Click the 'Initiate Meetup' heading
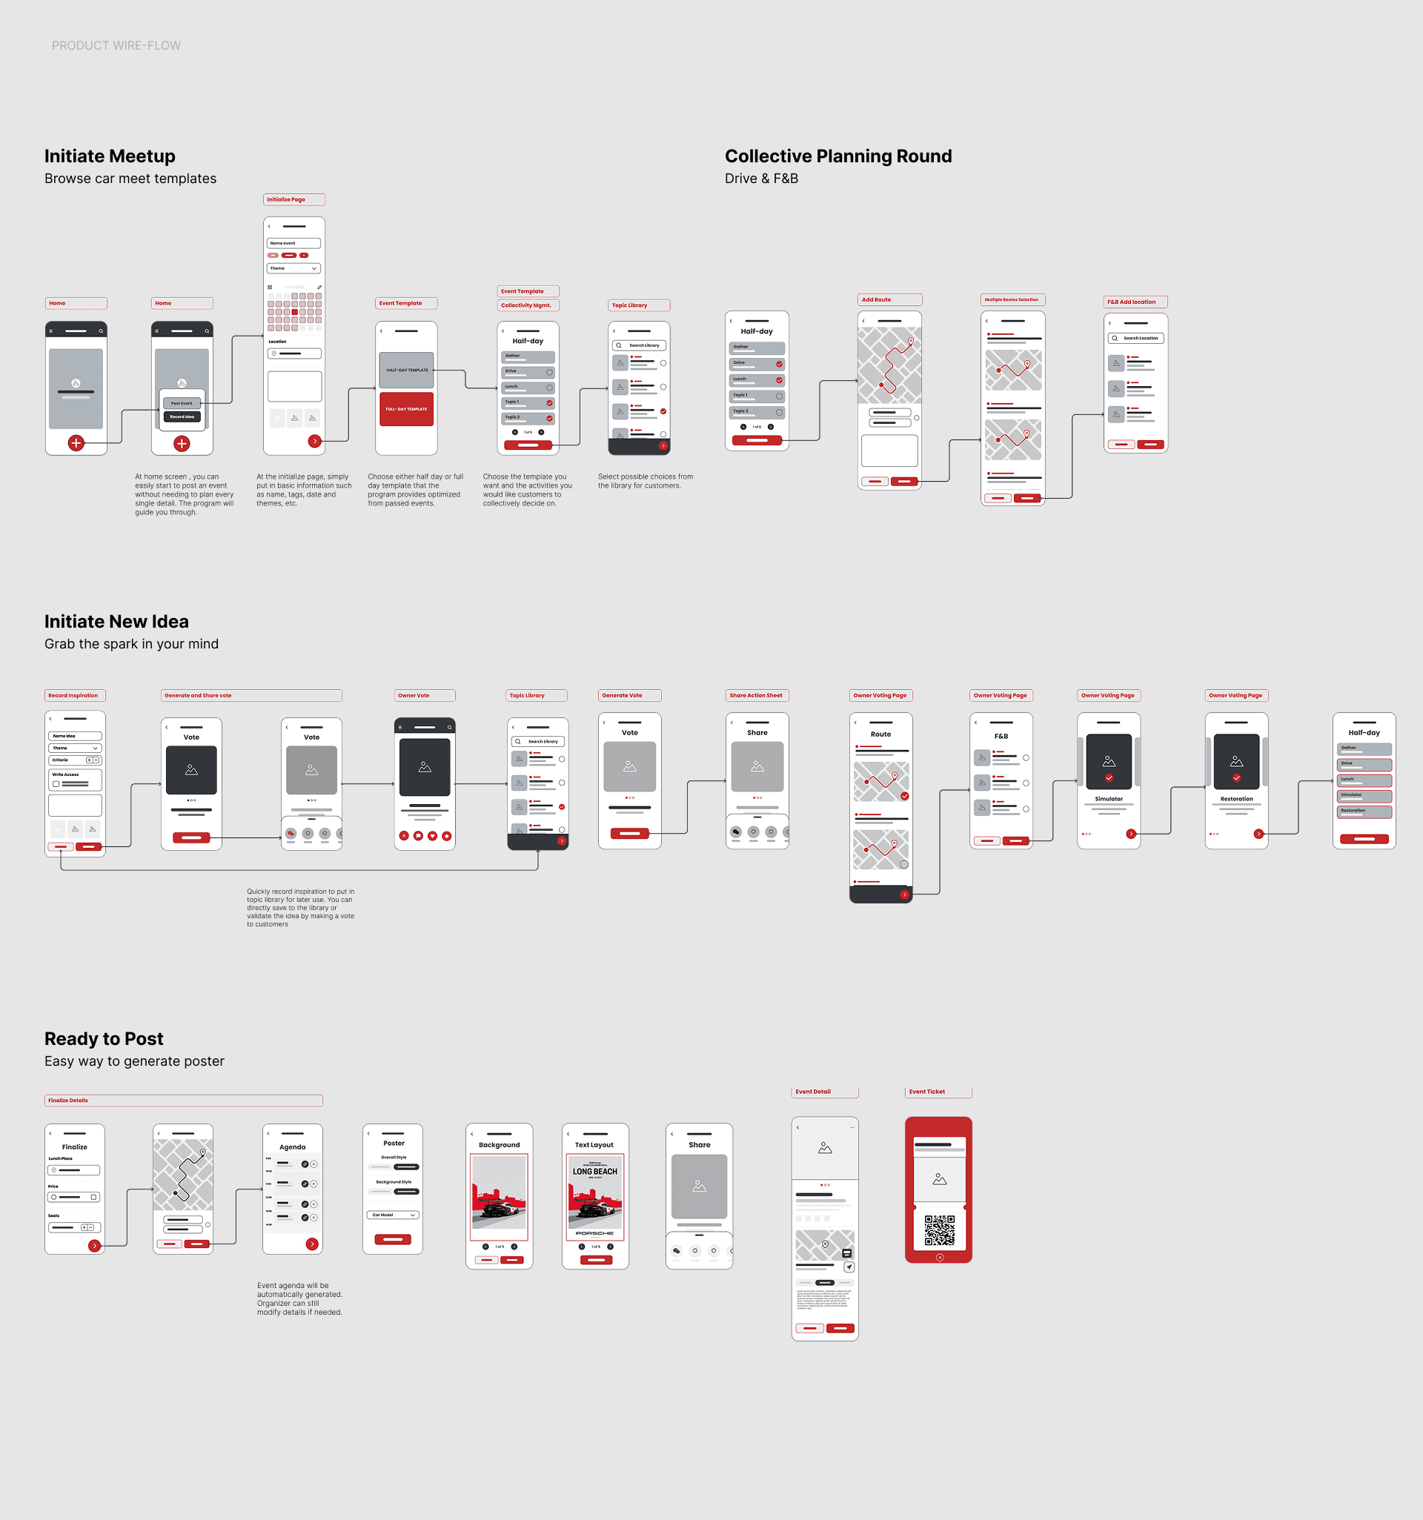[x=110, y=156]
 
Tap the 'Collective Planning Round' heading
[x=838, y=156]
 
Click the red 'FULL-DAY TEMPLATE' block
[x=406, y=409]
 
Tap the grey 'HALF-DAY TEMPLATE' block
[x=406, y=370]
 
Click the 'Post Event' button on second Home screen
[x=182, y=403]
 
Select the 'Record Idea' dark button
[x=182, y=416]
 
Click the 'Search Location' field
[x=1135, y=338]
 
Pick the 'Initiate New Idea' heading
[x=116, y=622]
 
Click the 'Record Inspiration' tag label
[x=73, y=696]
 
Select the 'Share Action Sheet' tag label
[x=755, y=696]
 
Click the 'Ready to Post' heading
[x=104, y=1038]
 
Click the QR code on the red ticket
[x=939, y=1229]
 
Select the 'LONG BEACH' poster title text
[x=595, y=1172]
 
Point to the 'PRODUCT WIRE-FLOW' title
[x=116, y=46]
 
